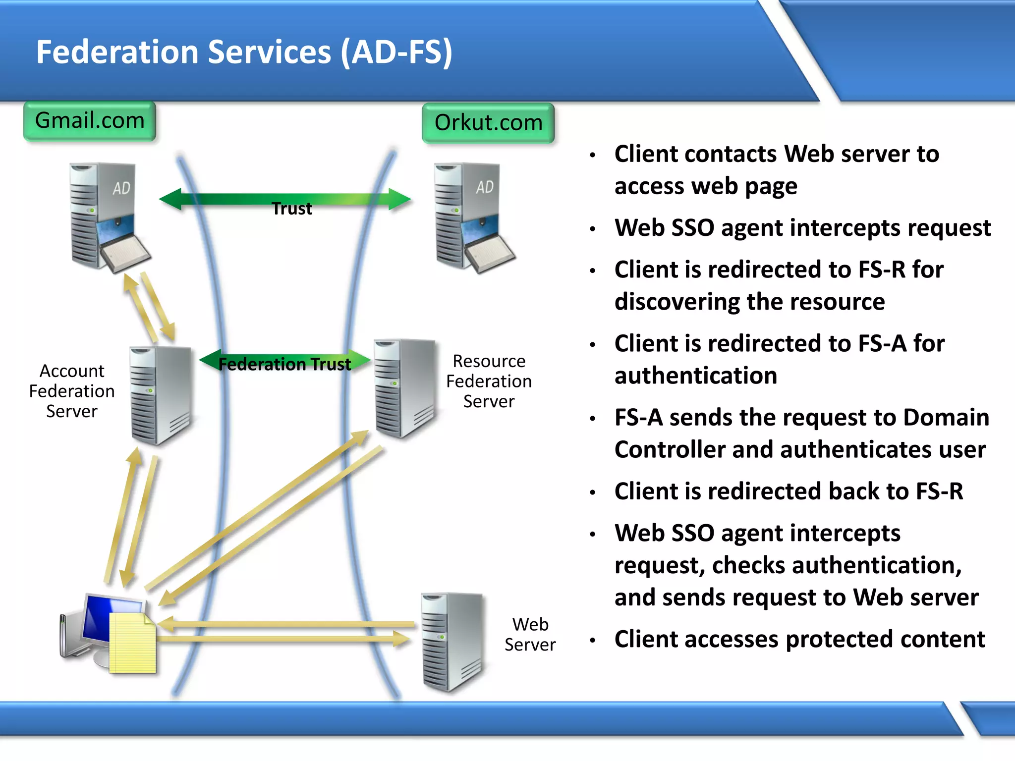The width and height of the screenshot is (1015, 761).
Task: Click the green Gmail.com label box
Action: click(x=90, y=121)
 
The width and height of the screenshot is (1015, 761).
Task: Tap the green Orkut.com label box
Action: click(x=488, y=123)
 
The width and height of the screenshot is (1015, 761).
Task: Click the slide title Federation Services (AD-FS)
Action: click(x=244, y=52)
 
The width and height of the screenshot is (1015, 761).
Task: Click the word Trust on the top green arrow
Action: click(x=292, y=209)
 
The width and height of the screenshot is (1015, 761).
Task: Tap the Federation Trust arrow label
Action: click(x=284, y=364)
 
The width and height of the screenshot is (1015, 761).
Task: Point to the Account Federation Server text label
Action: click(x=72, y=391)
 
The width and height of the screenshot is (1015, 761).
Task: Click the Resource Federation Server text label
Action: click(x=489, y=381)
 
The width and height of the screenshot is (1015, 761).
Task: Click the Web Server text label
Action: click(x=530, y=634)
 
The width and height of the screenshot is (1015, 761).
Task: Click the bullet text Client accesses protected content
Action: click(x=799, y=639)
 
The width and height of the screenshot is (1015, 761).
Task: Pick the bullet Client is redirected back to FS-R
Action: click(x=789, y=491)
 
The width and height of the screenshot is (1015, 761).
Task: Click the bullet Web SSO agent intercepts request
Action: click(x=802, y=228)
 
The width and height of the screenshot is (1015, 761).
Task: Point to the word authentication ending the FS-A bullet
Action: click(x=695, y=376)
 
